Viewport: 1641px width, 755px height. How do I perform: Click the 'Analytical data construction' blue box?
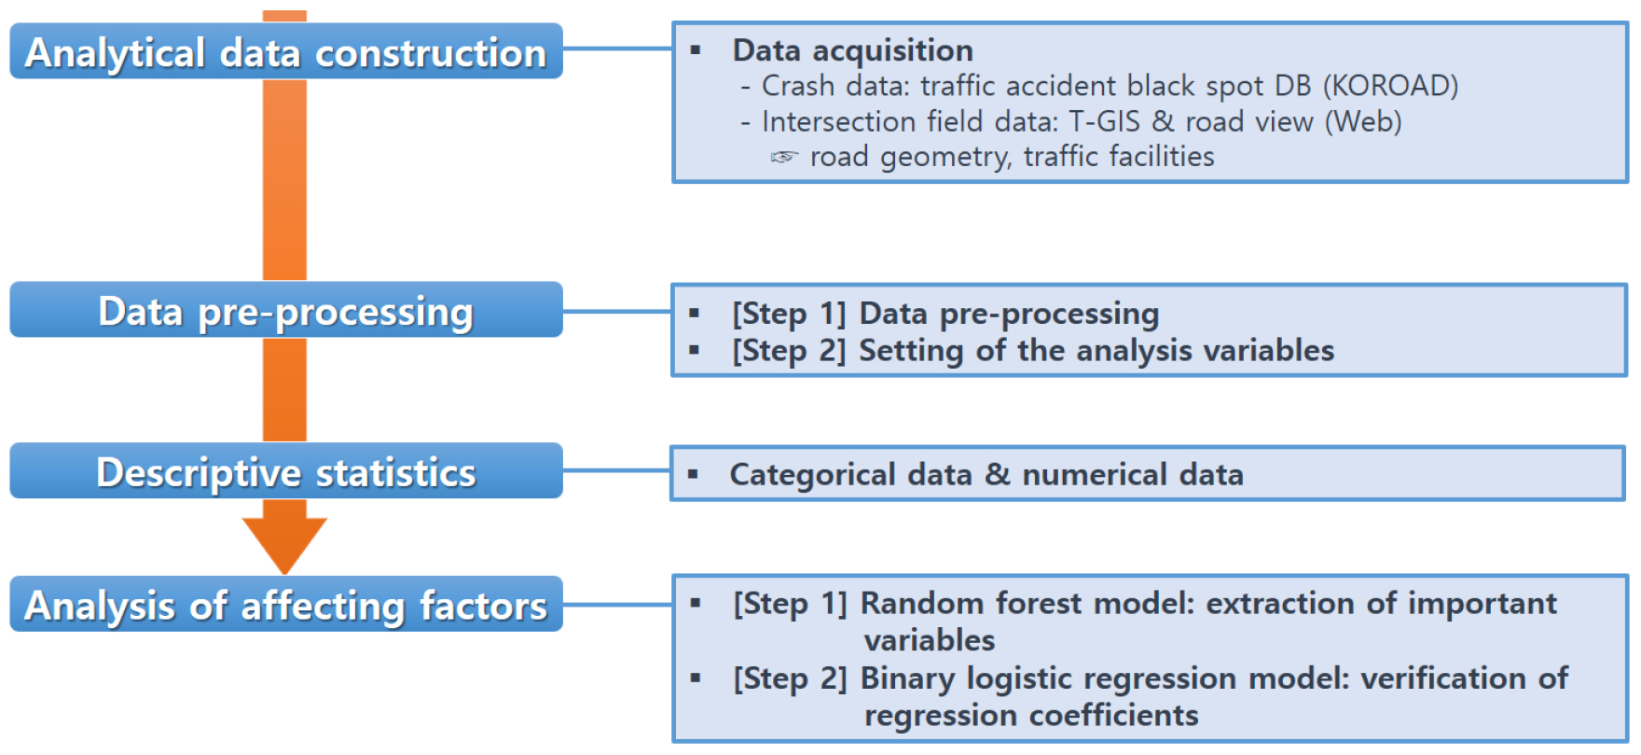(x=286, y=51)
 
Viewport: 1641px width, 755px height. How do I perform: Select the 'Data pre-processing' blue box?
(x=286, y=310)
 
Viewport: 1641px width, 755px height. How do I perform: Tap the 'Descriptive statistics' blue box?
(x=286, y=471)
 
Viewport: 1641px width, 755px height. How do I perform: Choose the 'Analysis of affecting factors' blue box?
(x=286, y=604)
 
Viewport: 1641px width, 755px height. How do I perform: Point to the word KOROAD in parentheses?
(x=1390, y=86)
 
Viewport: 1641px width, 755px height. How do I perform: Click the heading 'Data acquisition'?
(x=852, y=50)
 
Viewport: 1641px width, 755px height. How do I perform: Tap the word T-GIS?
(x=1104, y=121)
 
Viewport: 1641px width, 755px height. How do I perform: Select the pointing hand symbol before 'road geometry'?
(x=784, y=157)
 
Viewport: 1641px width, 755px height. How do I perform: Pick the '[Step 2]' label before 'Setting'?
(x=789, y=351)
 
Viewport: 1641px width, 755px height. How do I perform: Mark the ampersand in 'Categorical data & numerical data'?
(x=998, y=474)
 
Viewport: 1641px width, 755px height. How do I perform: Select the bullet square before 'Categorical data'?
(x=693, y=474)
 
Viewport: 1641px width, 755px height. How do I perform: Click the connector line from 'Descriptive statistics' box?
(x=616, y=471)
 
